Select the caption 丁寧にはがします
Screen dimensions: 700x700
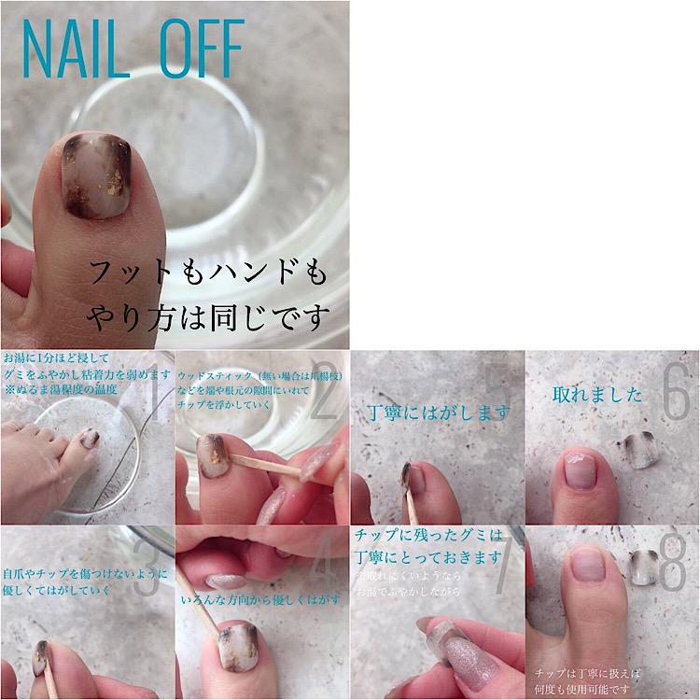tap(435, 411)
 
